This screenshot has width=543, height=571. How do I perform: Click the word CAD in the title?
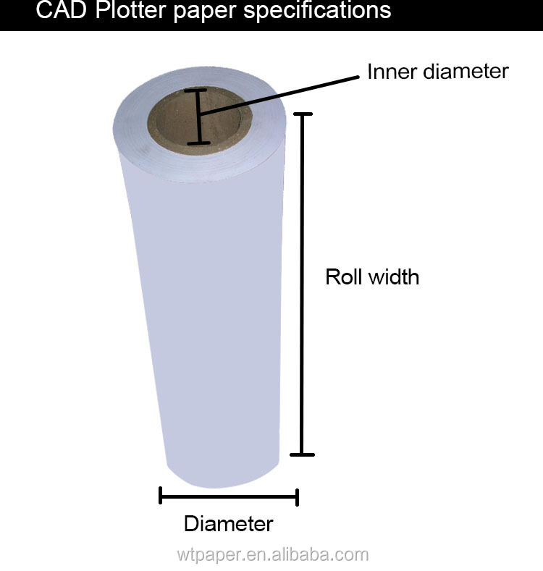pyautogui.click(x=62, y=10)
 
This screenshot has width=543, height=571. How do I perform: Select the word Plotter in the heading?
pyautogui.click(x=131, y=10)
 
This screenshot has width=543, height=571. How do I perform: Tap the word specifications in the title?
pyautogui.click(x=317, y=11)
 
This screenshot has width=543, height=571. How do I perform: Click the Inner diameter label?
pyautogui.click(x=438, y=72)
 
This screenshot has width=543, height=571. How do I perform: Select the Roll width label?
pyautogui.click(x=372, y=276)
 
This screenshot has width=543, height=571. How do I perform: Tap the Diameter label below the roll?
pyautogui.click(x=229, y=524)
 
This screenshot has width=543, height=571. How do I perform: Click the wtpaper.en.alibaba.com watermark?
pyautogui.click(x=273, y=555)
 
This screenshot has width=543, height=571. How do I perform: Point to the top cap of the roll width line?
pyautogui.click(x=303, y=114)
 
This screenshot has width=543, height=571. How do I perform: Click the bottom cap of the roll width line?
pyautogui.click(x=302, y=454)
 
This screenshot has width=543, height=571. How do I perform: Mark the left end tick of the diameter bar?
pyautogui.click(x=160, y=495)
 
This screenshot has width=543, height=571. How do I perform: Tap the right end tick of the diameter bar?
pyautogui.click(x=298, y=497)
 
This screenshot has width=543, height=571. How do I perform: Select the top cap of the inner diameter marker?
pyautogui.click(x=195, y=90)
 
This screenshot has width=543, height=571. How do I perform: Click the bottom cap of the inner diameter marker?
pyautogui.click(x=198, y=143)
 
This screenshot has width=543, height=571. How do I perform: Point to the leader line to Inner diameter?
pyautogui.click(x=279, y=96)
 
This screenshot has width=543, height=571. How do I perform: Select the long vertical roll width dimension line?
pyautogui.click(x=302, y=284)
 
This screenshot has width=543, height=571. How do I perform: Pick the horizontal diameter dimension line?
pyautogui.click(x=229, y=496)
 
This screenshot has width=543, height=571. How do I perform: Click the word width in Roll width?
pyautogui.click(x=394, y=276)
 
